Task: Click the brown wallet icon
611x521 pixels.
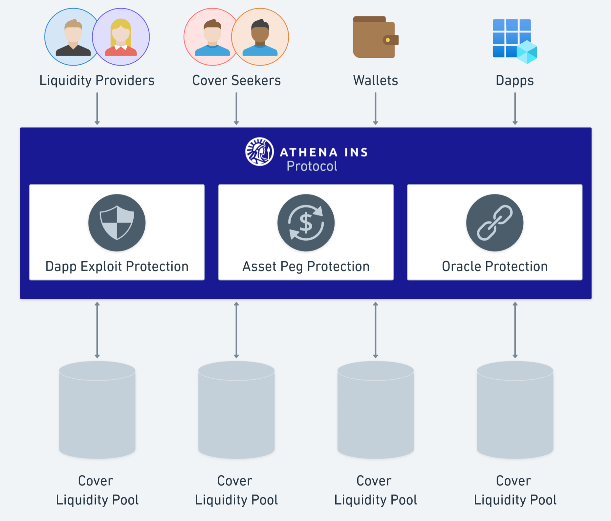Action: [x=375, y=37]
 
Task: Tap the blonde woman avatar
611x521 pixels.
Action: [x=121, y=37]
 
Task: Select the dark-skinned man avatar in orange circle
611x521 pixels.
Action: [x=260, y=37]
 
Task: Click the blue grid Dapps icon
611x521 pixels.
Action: [x=514, y=40]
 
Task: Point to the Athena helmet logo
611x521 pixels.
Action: [x=259, y=152]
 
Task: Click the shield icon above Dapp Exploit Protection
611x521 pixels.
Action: [x=117, y=223]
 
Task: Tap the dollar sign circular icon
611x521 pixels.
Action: [x=306, y=223]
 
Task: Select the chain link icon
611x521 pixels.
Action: [x=495, y=223]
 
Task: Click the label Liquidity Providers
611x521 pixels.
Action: [x=97, y=81]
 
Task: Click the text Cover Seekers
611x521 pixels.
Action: [x=236, y=81]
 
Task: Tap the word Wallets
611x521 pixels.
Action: [x=376, y=81]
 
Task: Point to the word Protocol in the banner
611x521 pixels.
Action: [x=312, y=166]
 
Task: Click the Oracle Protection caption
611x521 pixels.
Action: [x=495, y=266]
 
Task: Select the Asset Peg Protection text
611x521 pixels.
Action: [x=306, y=266]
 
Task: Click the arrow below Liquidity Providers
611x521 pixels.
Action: [x=97, y=108]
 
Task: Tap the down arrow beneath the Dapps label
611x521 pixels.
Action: [x=515, y=108]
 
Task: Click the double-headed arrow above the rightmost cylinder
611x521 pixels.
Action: [x=515, y=330]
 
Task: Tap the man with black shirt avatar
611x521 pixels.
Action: [x=73, y=37]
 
